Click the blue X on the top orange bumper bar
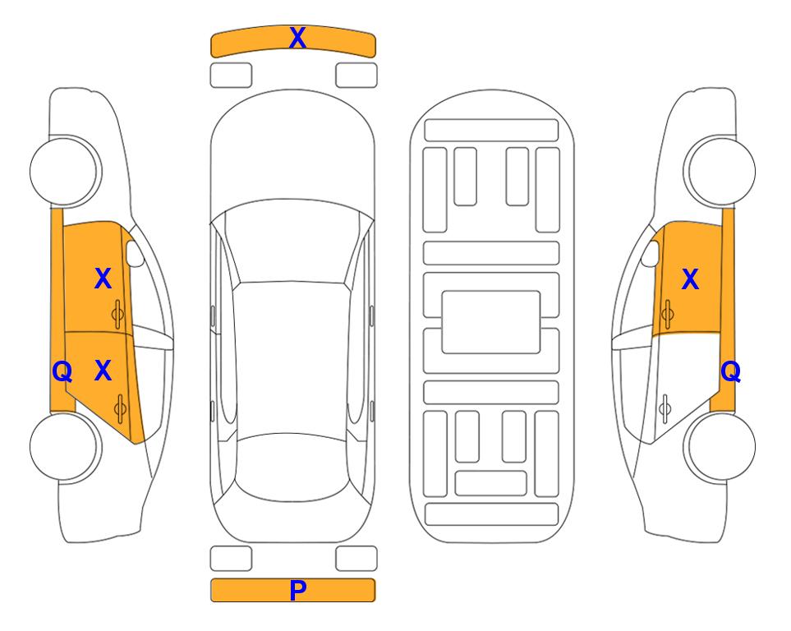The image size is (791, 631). coord(297,38)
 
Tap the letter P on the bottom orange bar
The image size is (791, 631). coord(297,590)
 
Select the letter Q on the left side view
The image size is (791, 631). coord(62,372)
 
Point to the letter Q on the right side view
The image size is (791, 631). coord(730,372)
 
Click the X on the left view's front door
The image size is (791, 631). coord(103,279)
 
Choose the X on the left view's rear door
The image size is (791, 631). coord(103,371)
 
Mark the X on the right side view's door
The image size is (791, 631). coord(690,279)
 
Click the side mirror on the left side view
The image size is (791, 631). coord(134,254)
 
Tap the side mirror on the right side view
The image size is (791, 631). coord(651,254)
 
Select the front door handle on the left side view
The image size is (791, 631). coord(118,314)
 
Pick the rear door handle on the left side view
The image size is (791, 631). coord(120,409)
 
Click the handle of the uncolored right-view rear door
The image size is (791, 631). coord(665,409)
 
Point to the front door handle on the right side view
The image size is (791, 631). coord(667,314)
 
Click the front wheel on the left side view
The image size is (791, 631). coord(66,171)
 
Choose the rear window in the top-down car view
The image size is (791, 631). coord(292,467)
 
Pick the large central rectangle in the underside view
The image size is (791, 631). coord(491,322)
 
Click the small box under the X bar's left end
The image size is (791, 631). coord(231,76)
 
